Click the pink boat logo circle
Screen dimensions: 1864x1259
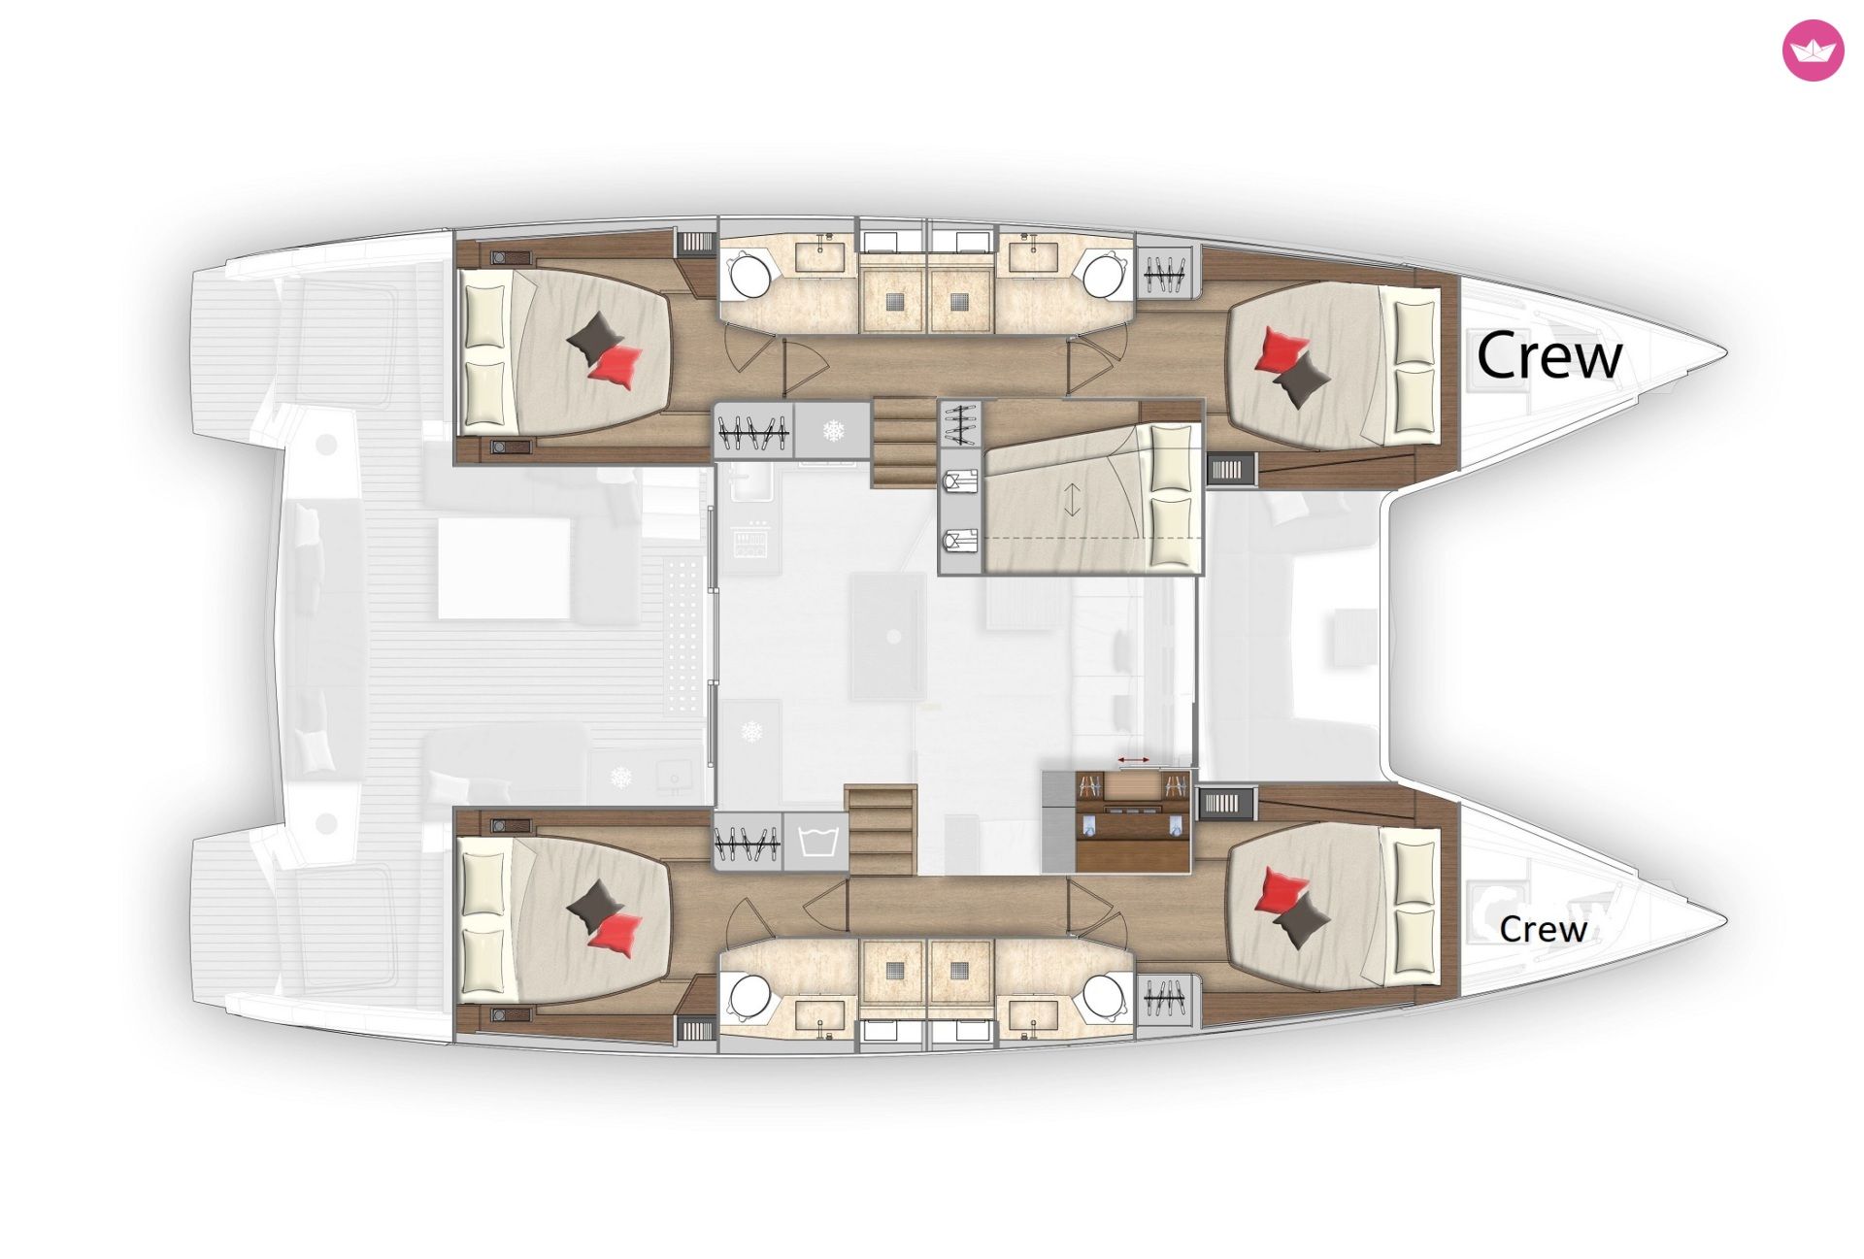(x=1812, y=50)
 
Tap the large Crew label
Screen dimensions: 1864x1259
(x=1549, y=355)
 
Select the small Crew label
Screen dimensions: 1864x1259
(x=1543, y=929)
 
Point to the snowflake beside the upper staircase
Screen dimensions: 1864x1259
(x=834, y=430)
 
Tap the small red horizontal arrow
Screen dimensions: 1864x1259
(x=1133, y=759)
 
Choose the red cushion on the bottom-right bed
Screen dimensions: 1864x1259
(x=1281, y=891)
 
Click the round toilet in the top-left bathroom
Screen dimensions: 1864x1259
(x=749, y=276)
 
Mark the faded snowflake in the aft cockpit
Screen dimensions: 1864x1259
(x=620, y=778)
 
